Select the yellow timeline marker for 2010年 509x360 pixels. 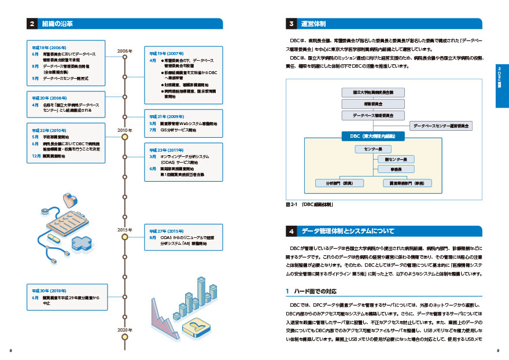click(x=124, y=138)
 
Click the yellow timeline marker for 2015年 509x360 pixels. click(x=124, y=236)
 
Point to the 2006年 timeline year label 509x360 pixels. click(x=125, y=51)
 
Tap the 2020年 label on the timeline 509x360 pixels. click(x=125, y=329)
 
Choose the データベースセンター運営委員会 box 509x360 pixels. click(x=441, y=125)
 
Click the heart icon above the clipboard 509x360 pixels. click(x=71, y=201)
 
